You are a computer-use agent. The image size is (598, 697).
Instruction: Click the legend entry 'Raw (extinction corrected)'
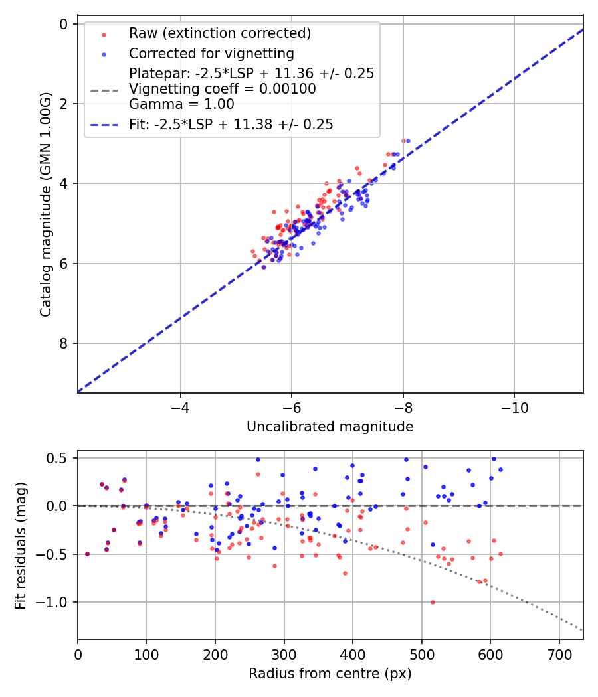(219, 33)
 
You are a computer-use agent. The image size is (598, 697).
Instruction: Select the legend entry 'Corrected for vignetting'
(211, 53)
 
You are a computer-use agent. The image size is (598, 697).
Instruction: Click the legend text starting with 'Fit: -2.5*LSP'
(231, 124)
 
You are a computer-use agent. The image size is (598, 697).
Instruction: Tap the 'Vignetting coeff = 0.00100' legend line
(223, 89)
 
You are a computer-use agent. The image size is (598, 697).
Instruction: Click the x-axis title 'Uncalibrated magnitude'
(330, 427)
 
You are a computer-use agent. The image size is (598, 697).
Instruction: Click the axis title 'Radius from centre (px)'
(330, 674)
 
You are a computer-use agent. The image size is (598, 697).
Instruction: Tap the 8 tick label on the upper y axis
(64, 343)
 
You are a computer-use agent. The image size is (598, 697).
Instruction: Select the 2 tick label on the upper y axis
(64, 104)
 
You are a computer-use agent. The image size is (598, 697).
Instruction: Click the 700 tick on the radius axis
(559, 654)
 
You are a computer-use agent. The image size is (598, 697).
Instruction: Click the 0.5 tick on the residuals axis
(60, 458)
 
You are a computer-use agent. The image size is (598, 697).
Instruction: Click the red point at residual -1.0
(433, 602)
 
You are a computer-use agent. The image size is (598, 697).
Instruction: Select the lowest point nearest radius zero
(87, 554)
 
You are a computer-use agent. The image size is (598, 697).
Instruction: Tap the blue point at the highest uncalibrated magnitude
(408, 141)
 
